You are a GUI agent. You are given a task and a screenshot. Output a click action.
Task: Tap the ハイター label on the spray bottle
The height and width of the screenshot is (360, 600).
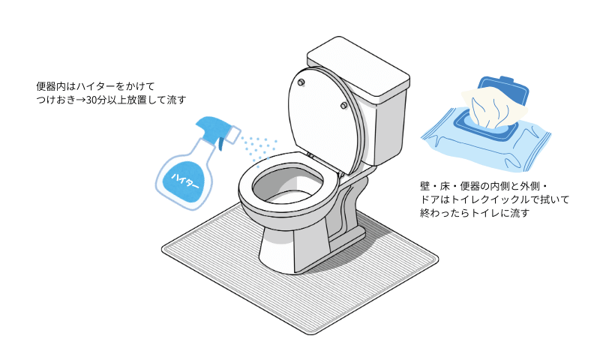185,181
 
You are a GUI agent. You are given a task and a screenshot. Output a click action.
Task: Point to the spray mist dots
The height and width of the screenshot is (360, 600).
259,146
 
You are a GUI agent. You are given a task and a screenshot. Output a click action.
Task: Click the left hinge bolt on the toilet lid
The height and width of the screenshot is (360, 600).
301,81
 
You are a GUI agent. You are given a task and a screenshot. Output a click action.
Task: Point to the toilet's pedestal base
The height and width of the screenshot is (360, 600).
292,247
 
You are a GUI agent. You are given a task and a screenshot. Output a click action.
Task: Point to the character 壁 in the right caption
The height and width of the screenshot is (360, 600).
427,185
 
